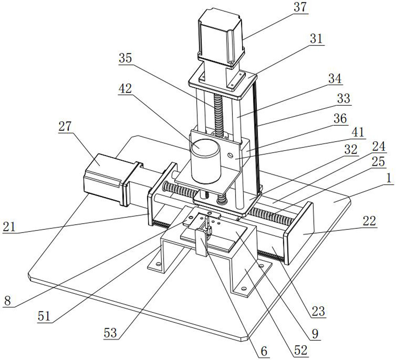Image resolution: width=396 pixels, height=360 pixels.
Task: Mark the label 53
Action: pyautogui.click(x=111, y=333)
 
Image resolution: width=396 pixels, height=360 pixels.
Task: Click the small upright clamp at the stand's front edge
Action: pyautogui.click(x=201, y=241)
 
